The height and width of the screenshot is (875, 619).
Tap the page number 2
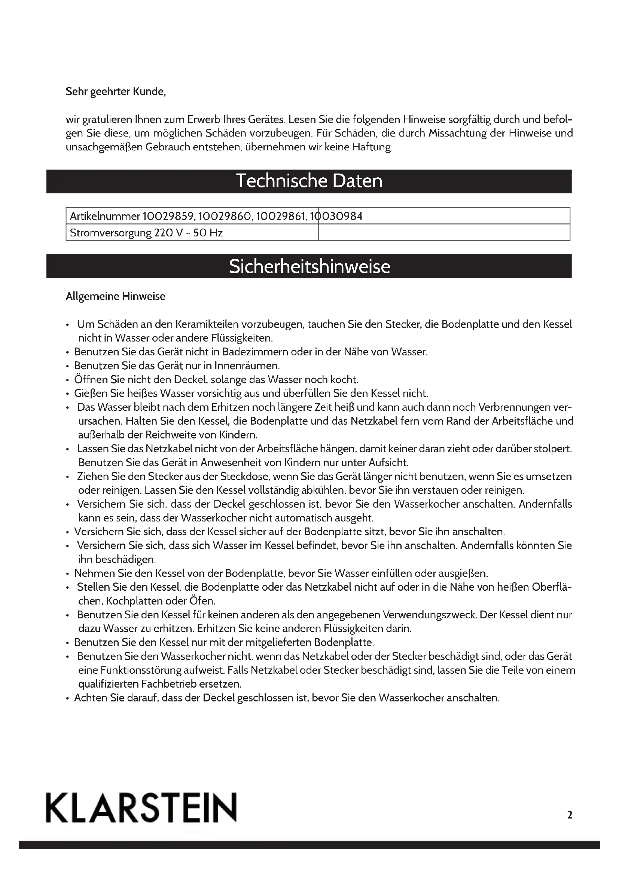click(570, 815)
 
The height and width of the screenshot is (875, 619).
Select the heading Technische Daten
click(309, 181)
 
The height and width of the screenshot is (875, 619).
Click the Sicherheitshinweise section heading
click(309, 266)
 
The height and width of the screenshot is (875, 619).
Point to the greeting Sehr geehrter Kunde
click(116, 92)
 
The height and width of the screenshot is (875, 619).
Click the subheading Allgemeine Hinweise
click(116, 297)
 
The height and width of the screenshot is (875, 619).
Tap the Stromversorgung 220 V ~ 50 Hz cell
click(146, 232)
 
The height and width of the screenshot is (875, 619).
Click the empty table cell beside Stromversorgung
click(444, 232)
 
